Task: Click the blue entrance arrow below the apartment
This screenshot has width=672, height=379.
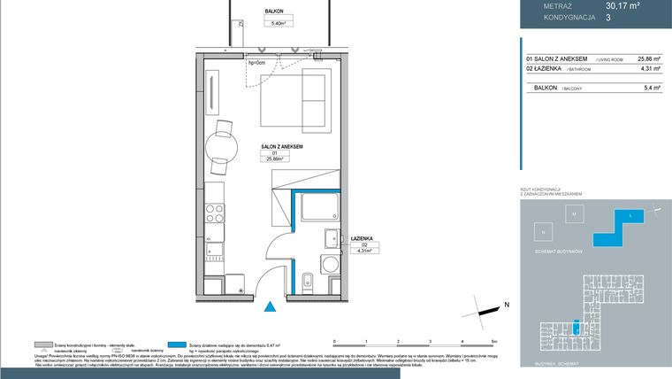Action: click(x=271, y=306)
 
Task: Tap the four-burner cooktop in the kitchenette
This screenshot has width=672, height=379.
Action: click(x=215, y=212)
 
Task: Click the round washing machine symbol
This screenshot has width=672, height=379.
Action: click(x=331, y=265)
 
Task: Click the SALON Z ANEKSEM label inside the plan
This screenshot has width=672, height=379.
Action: click(x=282, y=145)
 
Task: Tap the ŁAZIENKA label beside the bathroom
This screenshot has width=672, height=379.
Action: click(x=361, y=237)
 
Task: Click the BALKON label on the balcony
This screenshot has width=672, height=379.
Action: click(x=275, y=12)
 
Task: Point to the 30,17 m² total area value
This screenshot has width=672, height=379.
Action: click(x=622, y=5)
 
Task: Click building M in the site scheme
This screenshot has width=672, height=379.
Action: click(x=573, y=214)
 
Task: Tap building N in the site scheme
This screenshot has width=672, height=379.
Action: click(x=543, y=231)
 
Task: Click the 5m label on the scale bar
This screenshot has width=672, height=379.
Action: click(x=495, y=340)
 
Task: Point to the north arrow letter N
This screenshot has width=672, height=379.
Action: click(x=507, y=305)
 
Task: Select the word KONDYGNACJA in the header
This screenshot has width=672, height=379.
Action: click(x=549, y=16)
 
